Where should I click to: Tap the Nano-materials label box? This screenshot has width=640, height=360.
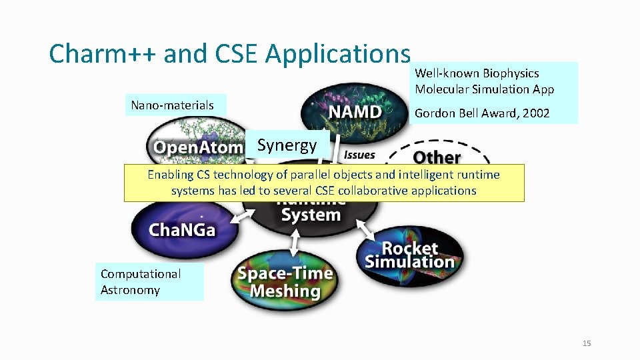(x=173, y=105)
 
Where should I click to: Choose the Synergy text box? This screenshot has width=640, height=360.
(x=287, y=145)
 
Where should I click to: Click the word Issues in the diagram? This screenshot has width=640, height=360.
(x=359, y=155)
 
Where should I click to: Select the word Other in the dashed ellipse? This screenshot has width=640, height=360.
(x=437, y=157)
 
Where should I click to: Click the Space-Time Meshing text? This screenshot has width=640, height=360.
(x=285, y=282)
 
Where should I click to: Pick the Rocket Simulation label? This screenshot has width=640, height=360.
(x=409, y=255)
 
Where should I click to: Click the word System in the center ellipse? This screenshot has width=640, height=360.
(x=311, y=215)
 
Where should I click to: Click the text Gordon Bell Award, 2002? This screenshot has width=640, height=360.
(x=482, y=113)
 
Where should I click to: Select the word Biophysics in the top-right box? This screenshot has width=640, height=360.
(x=511, y=73)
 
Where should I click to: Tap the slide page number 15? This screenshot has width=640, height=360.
(x=587, y=343)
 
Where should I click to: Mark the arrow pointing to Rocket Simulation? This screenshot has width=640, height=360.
(x=365, y=230)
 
